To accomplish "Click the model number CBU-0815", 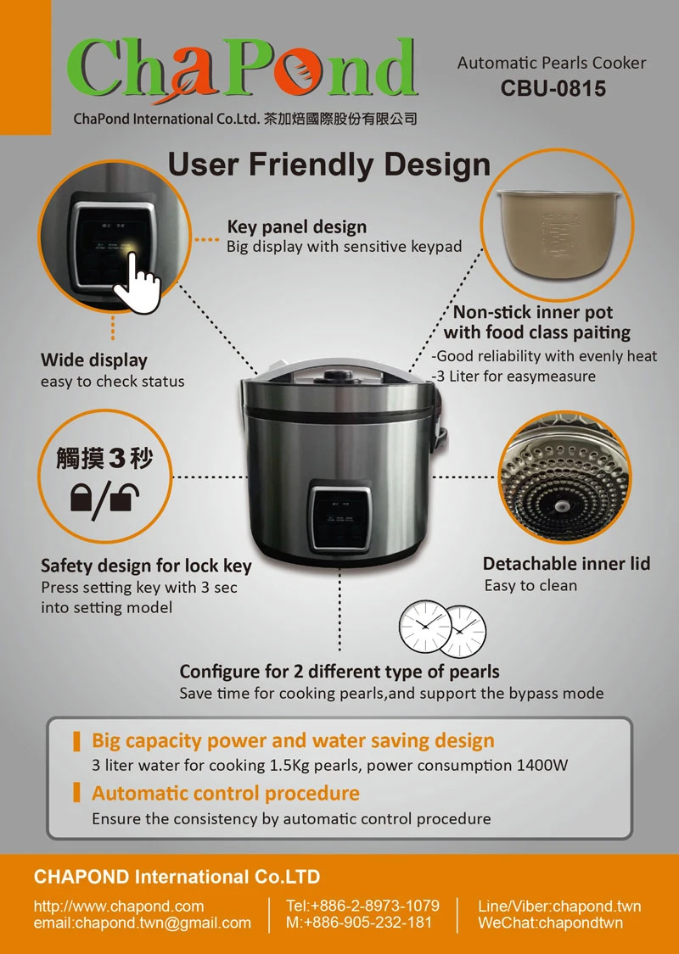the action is pos(553,89).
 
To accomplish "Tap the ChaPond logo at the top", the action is pos(243,68).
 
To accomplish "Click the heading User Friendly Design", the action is pos(328,165).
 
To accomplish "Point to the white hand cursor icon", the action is pos(137,282).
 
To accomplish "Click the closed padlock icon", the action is pos(81,498).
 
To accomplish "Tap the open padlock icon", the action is pos(126,497).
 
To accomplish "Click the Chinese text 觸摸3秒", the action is pos(104,458).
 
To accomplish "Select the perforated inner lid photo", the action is pos(564,477).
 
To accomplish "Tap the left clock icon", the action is pos(425,627).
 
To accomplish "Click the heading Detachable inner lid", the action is pos(566,564).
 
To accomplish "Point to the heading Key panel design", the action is pos(296,227).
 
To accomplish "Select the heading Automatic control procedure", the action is pos(225,794).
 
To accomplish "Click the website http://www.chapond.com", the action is pos(119,907).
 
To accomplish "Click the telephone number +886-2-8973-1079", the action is pos(375,906).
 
